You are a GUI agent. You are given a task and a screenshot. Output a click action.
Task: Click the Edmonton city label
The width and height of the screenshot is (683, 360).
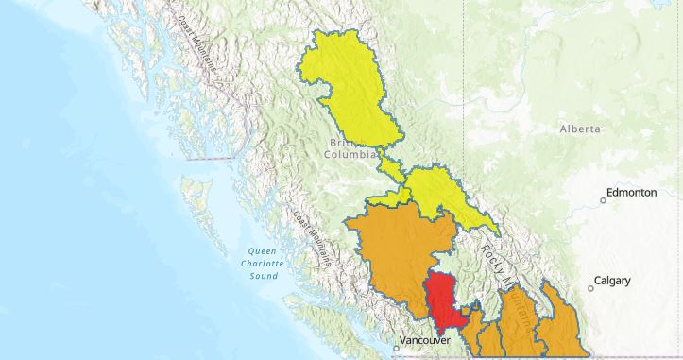click(635, 193)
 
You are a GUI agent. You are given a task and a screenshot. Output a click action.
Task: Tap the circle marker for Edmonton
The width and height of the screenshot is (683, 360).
click(604, 200)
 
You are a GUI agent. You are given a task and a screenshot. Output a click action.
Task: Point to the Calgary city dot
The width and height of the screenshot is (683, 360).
click(589, 288)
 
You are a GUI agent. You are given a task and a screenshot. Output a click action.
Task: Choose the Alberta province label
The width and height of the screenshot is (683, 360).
click(579, 129)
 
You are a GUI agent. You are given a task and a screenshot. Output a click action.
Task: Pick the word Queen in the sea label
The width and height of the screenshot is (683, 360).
click(262, 250)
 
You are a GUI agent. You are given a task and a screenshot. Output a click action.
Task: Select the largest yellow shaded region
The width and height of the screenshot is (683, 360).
click(354, 94)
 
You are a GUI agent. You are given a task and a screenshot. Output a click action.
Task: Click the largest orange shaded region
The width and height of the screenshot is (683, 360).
click(401, 255)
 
